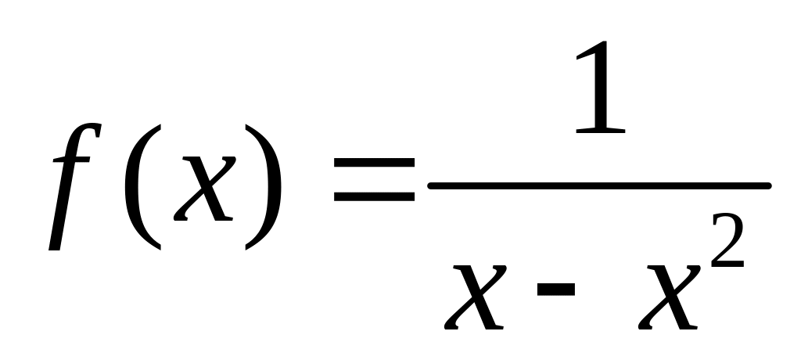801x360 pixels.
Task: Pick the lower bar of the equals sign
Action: point(374,196)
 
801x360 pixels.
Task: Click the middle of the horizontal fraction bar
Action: point(599,185)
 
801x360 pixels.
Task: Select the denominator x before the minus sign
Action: point(474,297)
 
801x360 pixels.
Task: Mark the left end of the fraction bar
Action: point(431,185)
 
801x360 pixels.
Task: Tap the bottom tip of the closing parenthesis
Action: point(250,248)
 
